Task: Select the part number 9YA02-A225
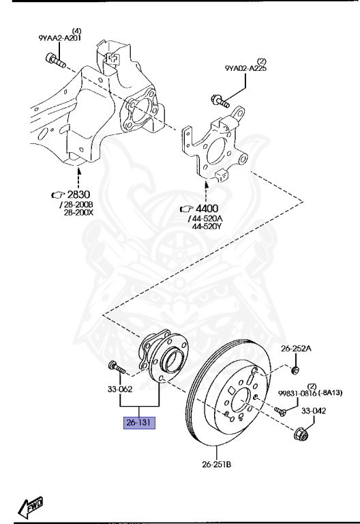[x=244, y=69]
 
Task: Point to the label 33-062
[x=120, y=390]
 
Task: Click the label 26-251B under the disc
[x=216, y=465]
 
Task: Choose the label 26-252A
[x=296, y=348]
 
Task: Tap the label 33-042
[x=314, y=411]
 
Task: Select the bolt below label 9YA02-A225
[x=218, y=101]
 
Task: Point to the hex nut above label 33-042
[x=300, y=434]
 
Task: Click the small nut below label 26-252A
[x=295, y=370]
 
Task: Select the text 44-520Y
[x=208, y=226]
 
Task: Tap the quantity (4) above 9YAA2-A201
[x=77, y=31]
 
